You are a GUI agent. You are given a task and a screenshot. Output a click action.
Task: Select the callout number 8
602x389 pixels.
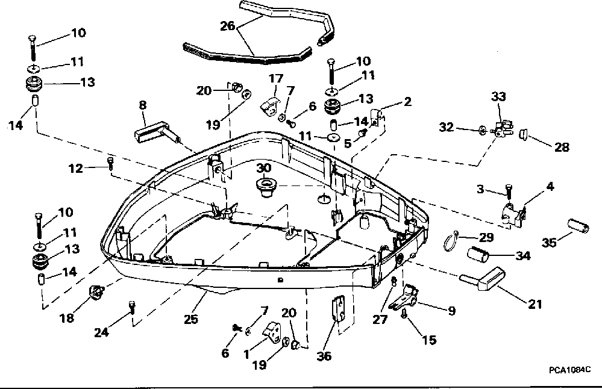pyautogui.click(x=142, y=104)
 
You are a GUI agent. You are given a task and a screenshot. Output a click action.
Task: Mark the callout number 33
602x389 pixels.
pyautogui.click(x=498, y=96)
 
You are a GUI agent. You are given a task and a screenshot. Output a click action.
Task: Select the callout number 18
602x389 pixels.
pyautogui.click(x=66, y=318)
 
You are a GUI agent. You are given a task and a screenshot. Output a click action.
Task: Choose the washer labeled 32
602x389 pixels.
pyautogui.click(x=482, y=129)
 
